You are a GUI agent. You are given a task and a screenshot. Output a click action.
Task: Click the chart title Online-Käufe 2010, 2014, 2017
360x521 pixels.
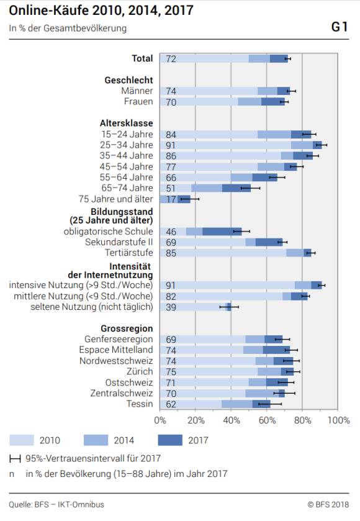(x=101, y=11)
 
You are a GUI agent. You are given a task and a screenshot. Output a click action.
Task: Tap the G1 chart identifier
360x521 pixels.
(x=340, y=27)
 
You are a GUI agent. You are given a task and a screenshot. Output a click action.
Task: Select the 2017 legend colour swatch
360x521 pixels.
(x=170, y=440)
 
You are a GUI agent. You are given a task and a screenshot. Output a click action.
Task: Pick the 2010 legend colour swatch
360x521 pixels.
(x=22, y=440)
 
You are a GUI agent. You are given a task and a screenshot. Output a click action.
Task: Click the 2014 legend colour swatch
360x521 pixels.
(x=96, y=440)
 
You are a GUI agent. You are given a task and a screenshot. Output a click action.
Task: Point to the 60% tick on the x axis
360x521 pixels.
(x=267, y=420)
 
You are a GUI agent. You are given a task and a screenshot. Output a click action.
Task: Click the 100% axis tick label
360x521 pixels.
(x=338, y=420)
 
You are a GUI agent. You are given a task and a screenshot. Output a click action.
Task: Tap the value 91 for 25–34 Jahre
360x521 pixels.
(x=171, y=145)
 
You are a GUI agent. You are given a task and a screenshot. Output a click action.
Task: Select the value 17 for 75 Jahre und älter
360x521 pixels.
(x=171, y=199)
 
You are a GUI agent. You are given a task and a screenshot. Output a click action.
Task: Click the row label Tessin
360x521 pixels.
(x=140, y=404)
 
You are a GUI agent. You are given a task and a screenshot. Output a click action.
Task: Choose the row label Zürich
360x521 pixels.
(x=140, y=371)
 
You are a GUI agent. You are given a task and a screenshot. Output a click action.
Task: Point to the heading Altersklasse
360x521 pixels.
(x=127, y=124)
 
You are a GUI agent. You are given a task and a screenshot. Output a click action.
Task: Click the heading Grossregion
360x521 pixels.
(x=127, y=328)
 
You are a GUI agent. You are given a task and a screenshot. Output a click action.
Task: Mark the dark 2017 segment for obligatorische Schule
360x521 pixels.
(x=222, y=231)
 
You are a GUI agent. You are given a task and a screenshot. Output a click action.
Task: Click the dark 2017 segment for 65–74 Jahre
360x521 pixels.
(x=236, y=188)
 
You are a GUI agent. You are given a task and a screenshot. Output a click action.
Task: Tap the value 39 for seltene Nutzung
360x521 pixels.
(x=171, y=307)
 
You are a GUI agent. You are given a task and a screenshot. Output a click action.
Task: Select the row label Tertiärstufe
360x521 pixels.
(x=129, y=253)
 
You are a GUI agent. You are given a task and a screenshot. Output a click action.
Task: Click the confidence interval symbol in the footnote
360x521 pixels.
(x=15, y=459)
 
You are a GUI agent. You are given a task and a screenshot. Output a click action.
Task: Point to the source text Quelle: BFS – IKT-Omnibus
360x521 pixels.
(x=56, y=504)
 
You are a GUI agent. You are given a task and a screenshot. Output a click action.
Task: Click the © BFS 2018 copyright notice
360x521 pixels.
(x=328, y=504)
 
